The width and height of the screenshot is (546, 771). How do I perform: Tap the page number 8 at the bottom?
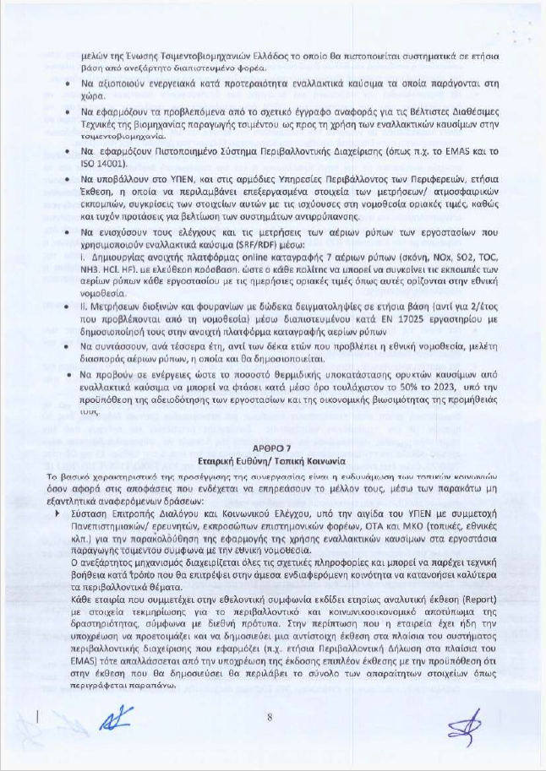coord(268,717)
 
